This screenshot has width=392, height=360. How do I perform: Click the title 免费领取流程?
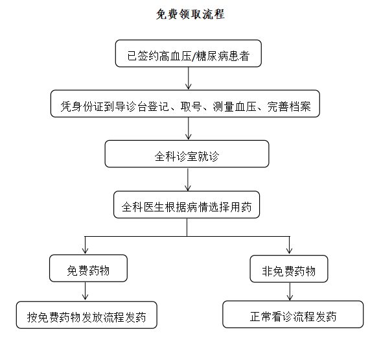point(190,14)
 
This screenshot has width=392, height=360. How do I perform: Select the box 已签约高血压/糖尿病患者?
point(189,53)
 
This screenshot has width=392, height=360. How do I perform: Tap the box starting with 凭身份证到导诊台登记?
point(185,104)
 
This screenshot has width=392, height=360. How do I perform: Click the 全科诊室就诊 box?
point(187,154)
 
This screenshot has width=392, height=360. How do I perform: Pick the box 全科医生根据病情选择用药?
point(187,204)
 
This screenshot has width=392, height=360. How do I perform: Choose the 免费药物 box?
point(88,268)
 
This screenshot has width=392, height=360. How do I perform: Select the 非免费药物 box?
point(289,269)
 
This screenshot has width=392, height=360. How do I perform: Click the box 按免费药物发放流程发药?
point(87,315)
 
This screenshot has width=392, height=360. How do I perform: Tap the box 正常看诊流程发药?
point(293,314)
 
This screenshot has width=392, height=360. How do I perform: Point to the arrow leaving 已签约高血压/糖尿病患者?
point(189,78)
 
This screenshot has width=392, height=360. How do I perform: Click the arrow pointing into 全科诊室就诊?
point(189,128)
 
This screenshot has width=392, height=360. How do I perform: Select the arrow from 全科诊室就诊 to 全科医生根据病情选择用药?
point(188,179)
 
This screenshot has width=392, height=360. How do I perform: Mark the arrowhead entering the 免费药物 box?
point(86,251)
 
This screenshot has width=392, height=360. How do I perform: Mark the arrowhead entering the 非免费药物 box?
point(289,251)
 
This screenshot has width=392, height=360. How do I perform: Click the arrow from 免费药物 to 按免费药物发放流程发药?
point(86,291)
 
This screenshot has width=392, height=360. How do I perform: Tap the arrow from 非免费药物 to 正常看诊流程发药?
point(290,291)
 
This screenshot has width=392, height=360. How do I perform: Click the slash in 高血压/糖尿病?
point(194,56)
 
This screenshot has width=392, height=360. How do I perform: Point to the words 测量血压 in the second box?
point(235,106)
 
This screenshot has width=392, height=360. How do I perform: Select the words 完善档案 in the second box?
point(289,106)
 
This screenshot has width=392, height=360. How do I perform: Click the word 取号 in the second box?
point(191,106)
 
